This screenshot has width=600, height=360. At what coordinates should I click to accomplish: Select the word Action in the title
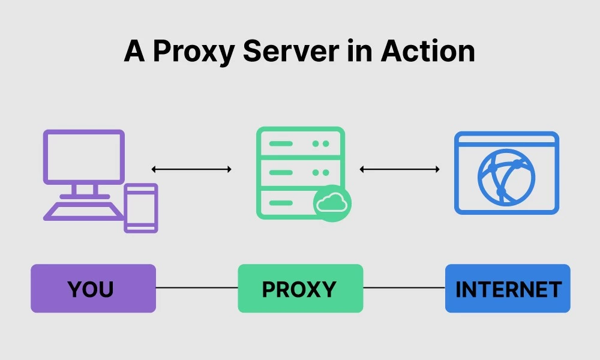coord(428,51)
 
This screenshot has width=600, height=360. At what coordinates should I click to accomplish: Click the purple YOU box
coord(93,289)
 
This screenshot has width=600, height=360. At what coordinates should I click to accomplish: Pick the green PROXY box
coord(300,289)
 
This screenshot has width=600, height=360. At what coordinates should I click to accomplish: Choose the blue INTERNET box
coord(508,289)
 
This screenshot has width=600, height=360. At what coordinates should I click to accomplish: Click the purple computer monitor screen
coord(84,156)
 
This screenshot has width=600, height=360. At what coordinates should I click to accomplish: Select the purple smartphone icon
coord(141,208)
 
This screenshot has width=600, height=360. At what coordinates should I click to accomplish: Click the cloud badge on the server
coord(332,203)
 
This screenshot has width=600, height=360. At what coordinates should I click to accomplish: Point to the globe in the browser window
coord(506,177)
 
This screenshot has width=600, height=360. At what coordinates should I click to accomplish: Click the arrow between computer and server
coord(191,169)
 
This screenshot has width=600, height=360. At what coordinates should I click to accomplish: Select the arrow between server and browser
coord(400,169)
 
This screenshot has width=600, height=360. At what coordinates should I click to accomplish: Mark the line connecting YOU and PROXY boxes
coord(197,288)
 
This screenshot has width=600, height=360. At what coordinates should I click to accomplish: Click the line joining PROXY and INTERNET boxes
coord(404,288)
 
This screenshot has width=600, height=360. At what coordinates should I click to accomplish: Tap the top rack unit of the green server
coord(300,144)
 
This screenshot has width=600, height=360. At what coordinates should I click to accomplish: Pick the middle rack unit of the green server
coord(300,172)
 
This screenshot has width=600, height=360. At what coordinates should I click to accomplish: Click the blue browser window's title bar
coord(506,140)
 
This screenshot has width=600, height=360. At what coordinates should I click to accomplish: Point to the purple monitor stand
coord(85,190)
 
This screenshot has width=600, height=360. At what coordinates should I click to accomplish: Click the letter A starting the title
coord(134,52)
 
